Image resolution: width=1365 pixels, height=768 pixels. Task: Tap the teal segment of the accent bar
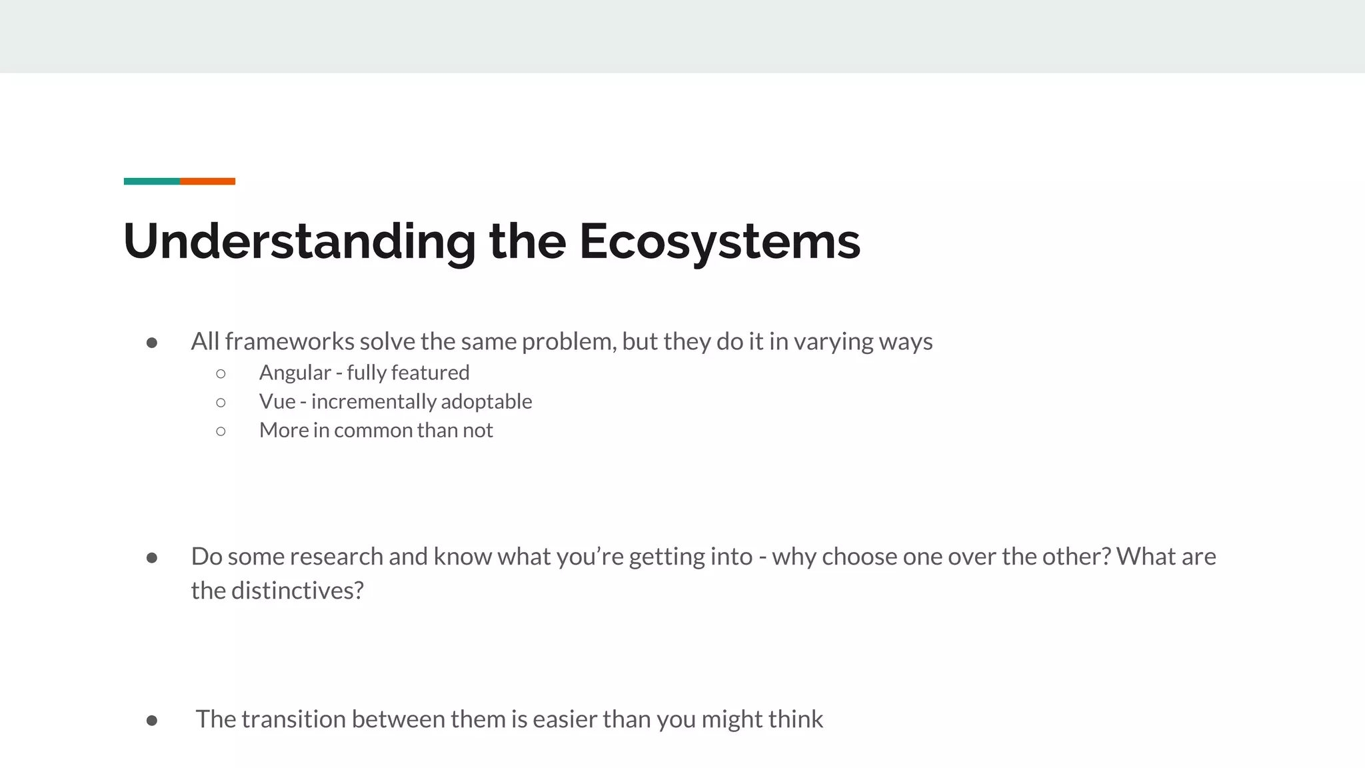point(151,181)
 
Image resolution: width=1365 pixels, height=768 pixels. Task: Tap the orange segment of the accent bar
point(207,181)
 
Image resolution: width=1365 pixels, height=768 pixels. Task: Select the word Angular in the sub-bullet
point(295,373)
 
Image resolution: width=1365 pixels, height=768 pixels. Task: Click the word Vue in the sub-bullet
point(277,401)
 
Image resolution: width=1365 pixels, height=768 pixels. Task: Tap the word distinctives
point(297,591)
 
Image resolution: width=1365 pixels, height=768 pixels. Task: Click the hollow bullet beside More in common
point(221,431)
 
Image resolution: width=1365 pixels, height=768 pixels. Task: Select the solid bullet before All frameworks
point(152,343)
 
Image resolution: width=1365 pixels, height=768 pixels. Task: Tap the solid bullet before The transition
point(152,721)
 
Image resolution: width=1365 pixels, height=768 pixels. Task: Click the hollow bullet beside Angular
point(221,373)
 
